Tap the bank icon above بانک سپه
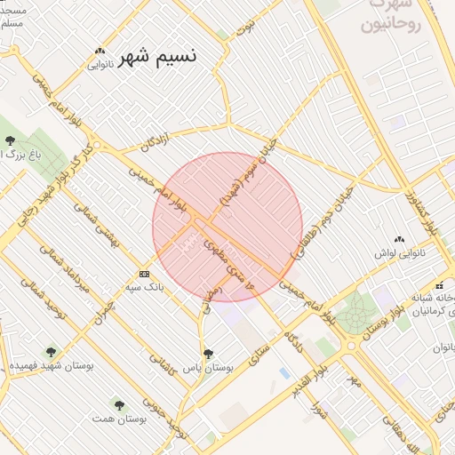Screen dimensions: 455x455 tap(144, 274)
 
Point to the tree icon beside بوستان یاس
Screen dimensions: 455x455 tap(208, 354)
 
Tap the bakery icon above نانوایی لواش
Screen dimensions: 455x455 tap(399, 239)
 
